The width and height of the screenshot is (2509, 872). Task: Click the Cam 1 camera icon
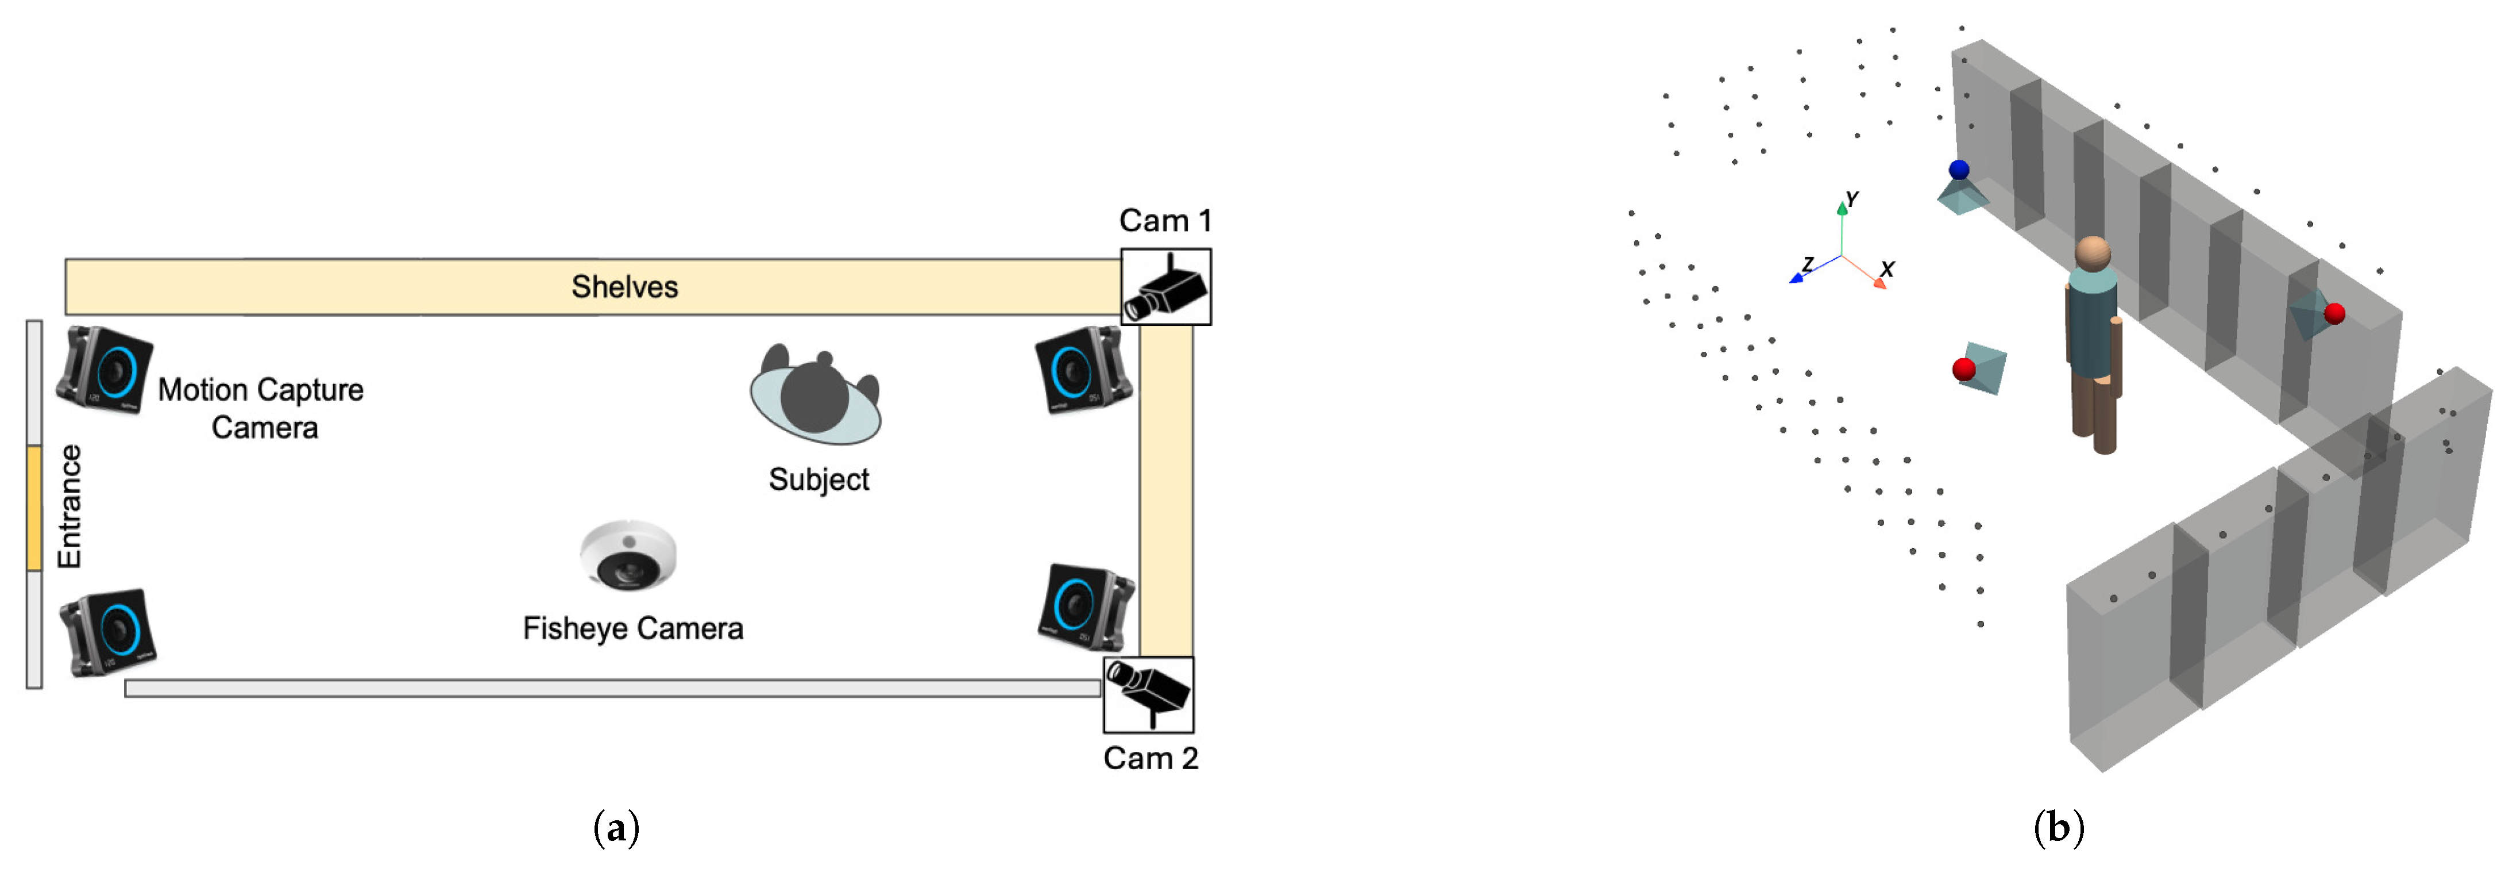1166,287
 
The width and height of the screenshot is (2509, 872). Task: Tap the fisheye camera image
629,555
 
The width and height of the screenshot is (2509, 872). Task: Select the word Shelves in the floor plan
624,286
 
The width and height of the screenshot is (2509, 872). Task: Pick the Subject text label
818,479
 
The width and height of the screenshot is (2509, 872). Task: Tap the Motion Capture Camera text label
261,408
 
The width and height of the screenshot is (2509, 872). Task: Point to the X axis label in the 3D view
1886,269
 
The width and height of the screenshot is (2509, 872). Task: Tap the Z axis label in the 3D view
1808,264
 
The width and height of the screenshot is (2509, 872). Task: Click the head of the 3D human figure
2091,254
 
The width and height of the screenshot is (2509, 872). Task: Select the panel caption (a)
616,828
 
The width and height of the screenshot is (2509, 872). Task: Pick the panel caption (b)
2058,828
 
